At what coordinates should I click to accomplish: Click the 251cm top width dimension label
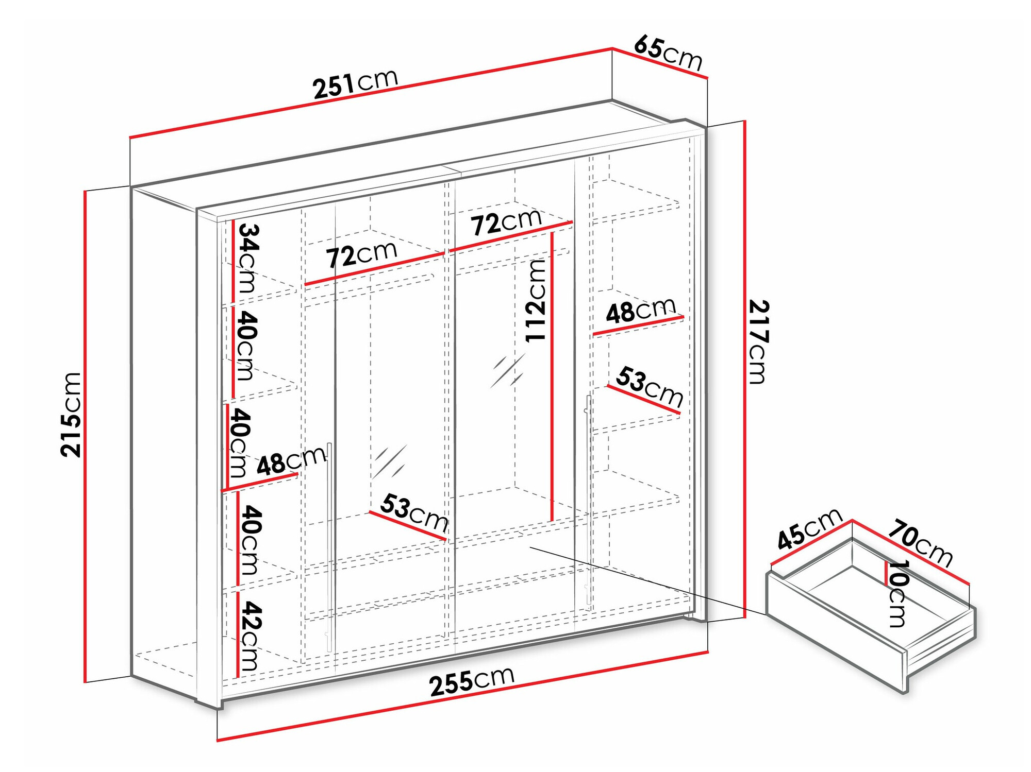356,83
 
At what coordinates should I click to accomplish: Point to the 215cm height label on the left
71,415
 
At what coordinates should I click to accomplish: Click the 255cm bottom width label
472,680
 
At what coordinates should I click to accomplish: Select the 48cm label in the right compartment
640,311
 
